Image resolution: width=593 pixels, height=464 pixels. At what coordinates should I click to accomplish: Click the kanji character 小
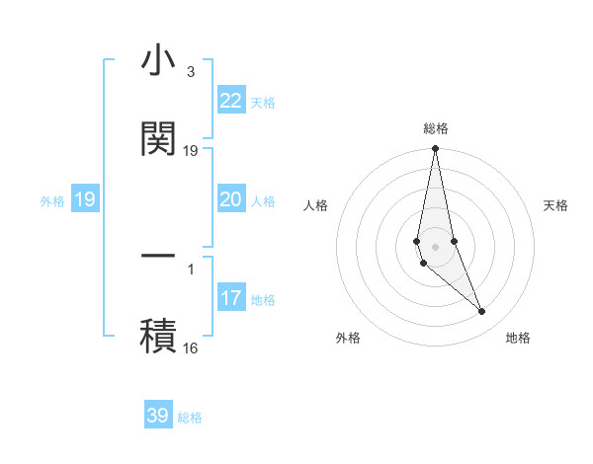(x=158, y=60)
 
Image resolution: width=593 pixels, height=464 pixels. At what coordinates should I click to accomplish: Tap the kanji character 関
(x=158, y=137)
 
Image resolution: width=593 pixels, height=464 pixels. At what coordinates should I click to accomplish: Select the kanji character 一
(x=158, y=256)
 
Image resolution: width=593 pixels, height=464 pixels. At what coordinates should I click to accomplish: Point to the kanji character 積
(x=158, y=333)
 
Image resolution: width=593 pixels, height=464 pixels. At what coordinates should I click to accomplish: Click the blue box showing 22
(x=230, y=101)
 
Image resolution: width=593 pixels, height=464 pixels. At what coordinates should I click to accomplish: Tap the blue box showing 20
(x=230, y=199)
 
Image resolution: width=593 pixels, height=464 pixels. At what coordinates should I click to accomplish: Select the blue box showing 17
(x=230, y=298)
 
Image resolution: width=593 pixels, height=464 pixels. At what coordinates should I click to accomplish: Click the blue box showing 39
(x=158, y=416)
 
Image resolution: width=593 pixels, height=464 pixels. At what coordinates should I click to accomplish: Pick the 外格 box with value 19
(x=85, y=199)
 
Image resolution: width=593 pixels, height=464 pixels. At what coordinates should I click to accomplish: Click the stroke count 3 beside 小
(x=190, y=72)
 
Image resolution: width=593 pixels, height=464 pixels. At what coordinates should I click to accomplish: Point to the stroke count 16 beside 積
(x=190, y=348)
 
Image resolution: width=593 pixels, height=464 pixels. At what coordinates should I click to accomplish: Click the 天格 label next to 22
(x=263, y=102)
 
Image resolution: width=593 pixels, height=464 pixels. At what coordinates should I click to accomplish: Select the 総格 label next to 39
(x=190, y=417)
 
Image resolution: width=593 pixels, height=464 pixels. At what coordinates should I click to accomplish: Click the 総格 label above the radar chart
(x=436, y=128)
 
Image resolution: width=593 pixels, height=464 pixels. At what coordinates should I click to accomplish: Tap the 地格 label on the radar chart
(x=518, y=338)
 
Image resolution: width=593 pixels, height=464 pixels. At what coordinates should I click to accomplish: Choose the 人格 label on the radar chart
(x=316, y=205)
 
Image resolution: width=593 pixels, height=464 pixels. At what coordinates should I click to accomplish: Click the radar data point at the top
(x=435, y=149)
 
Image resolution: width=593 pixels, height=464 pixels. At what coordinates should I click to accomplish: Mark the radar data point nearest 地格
(x=482, y=312)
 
